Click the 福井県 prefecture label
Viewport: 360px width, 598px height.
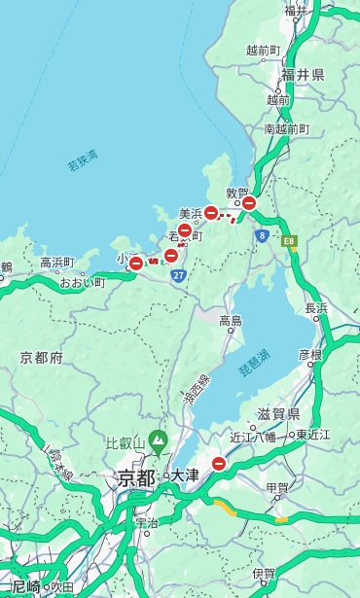(303, 75)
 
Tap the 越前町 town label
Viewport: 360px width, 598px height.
(264, 50)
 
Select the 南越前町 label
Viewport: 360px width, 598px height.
(286, 128)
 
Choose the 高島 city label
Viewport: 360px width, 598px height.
(231, 320)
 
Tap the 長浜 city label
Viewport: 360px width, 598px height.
(317, 308)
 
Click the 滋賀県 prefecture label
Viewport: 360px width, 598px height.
(279, 413)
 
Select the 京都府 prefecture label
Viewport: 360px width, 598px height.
(42, 358)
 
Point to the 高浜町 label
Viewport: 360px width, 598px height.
(56, 263)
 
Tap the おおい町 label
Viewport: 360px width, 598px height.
(82, 283)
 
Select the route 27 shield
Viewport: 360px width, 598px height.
(178, 276)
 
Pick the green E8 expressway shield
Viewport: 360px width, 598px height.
(289, 239)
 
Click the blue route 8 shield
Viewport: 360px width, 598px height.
(262, 235)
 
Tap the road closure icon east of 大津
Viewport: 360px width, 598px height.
(219, 465)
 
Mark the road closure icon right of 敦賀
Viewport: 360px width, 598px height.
(249, 203)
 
